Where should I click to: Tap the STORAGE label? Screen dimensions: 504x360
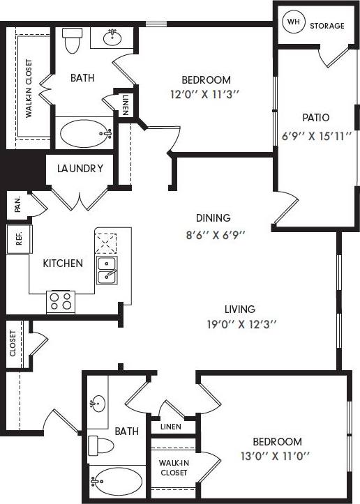click(327, 26)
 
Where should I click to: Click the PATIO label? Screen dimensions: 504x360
click(315, 117)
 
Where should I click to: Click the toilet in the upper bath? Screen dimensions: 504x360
click(72, 40)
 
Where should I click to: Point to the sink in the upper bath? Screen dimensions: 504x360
click(112, 38)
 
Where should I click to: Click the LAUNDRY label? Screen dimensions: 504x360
click(80, 168)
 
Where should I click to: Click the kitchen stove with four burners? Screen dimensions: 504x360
click(61, 301)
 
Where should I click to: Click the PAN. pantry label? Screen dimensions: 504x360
click(17, 204)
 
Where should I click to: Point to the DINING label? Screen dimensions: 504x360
click(213, 217)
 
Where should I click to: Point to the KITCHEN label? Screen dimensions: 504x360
click(63, 263)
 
